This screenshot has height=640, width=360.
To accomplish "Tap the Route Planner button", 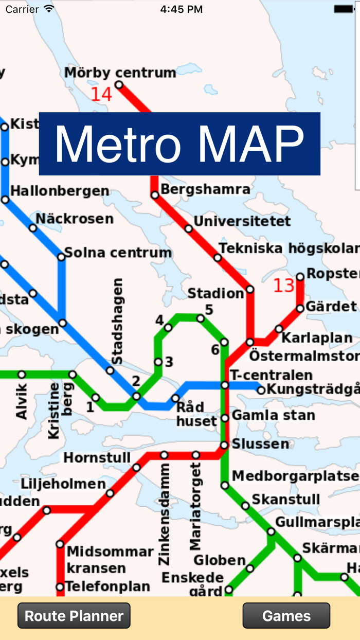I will pos(74,616).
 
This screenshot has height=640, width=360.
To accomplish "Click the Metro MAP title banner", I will pos(179,144).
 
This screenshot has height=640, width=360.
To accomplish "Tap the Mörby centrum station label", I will pos(120,73).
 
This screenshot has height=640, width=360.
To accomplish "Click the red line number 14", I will pos(101,94).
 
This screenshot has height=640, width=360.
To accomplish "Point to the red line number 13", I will pos(283,285).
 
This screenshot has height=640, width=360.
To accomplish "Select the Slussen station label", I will pos(260,443).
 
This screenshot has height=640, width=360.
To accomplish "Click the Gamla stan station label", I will pos(273,415).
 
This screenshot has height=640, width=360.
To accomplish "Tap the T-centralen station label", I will pos(271,375).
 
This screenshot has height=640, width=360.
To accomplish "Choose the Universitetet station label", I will pos(242,222).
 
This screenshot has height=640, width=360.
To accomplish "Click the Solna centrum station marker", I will pos(61,256).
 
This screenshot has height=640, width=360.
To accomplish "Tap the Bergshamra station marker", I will pos(155,194).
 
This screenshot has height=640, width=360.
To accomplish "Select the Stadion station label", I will pos(215,293).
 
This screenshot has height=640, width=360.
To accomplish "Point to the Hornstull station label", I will pos(97,457).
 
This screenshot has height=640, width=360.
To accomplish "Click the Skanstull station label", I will pos(286,499).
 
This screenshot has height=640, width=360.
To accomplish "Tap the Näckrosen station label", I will pos(75,219).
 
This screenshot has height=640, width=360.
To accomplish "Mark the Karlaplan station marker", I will pos(279,329).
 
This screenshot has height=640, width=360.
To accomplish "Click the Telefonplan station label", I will pos(108,586).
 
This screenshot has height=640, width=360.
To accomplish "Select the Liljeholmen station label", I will pos(63,484).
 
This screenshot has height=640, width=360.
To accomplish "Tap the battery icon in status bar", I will pos(344,9).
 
